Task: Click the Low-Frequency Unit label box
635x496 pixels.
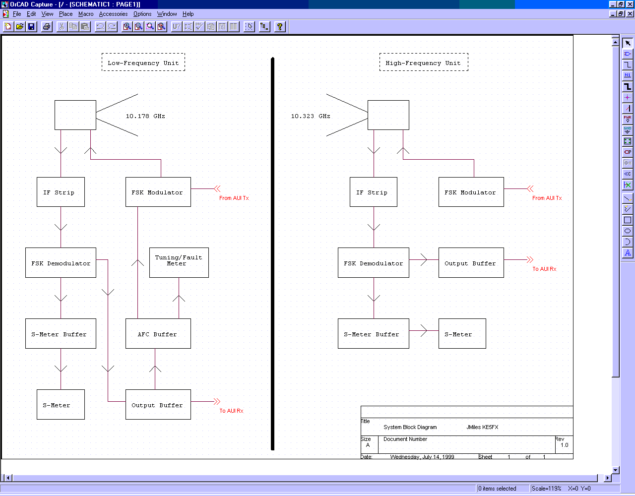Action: coord(143,62)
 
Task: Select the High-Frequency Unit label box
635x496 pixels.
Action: coord(423,62)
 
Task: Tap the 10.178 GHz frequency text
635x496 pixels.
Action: coord(145,116)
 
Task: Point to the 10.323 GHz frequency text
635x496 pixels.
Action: coord(311,116)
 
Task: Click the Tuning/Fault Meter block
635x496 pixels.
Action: coord(179,262)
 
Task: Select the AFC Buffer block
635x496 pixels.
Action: coord(158,334)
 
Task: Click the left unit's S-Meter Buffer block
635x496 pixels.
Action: coord(61,334)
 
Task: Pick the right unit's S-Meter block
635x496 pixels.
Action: coord(462,334)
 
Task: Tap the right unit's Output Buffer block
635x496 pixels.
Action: coord(471,263)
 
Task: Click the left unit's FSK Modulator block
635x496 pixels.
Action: coord(158,192)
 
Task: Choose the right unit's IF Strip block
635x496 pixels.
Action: coord(373,192)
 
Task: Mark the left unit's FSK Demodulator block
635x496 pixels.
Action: coord(61,263)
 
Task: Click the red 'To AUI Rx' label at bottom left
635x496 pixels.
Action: coord(231,411)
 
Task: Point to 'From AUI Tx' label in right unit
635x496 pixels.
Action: coord(547,198)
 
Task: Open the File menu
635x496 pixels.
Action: coord(17,14)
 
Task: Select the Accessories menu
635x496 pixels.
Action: coord(113,14)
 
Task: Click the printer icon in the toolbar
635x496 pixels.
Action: coord(47,26)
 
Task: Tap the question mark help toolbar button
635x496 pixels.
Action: coord(280,26)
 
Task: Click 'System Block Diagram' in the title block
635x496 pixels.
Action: coord(410,427)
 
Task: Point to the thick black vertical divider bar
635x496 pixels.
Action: coord(273,253)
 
